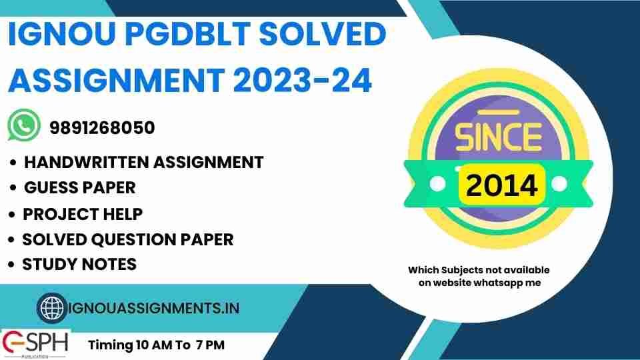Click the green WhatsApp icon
(x=23, y=125)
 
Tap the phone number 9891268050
(x=102, y=127)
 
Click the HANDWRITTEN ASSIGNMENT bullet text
(x=143, y=162)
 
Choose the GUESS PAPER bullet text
(x=79, y=187)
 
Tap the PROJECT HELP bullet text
(x=83, y=214)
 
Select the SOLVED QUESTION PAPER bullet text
(x=127, y=239)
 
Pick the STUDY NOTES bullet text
(x=79, y=264)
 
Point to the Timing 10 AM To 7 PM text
(x=157, y=345)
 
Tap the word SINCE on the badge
(x=498, y=137)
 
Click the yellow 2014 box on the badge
(x=501, y=184)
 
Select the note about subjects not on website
(x=479, y=276)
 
